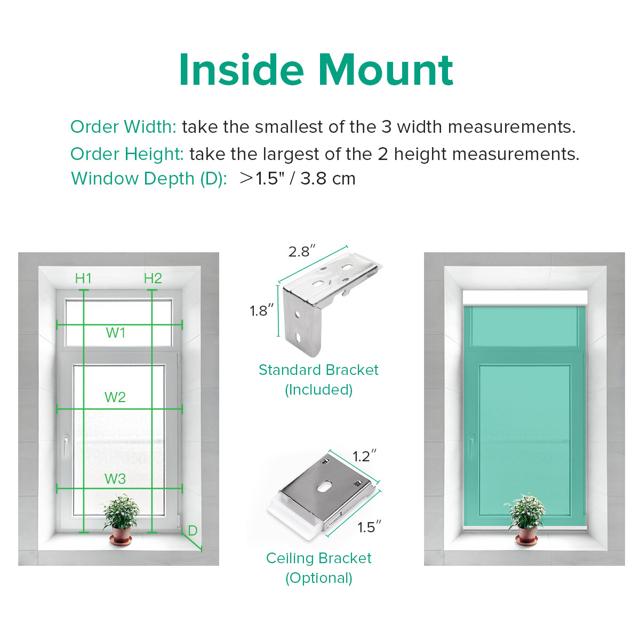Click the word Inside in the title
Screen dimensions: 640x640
coord(242,70)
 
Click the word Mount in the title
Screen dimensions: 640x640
coord(385,70)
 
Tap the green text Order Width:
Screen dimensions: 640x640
coord(123,127)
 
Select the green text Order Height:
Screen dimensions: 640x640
coord(127,154)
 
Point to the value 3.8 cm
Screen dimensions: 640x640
coord(328,179)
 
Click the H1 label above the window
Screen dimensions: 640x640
coord(83,278)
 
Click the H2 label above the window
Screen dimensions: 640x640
coord(153,278)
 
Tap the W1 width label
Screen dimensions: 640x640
coord(116,333)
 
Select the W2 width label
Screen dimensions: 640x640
coord(115,397)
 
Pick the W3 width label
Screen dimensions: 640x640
coord(115,478)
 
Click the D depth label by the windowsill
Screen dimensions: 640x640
coord(193,531)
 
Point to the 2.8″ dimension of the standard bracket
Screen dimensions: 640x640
coord(301,251)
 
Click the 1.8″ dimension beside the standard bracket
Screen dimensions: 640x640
coord(262,310)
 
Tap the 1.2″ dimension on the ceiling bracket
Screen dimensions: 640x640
coord(365,457)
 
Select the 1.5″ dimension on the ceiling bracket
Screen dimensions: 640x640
coord(369,527)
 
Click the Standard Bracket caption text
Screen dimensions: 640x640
coord(318,370)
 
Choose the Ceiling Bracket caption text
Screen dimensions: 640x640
coord(319,558)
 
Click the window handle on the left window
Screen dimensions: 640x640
coord(66,446)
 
